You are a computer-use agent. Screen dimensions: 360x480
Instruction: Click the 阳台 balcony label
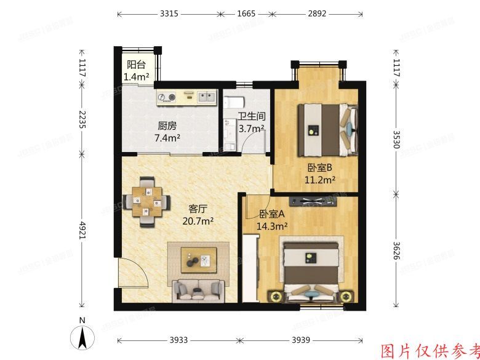point(137,65)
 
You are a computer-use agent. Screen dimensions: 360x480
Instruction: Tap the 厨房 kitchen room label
point(167,126)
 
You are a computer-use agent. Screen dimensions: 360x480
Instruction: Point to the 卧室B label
point(320,167)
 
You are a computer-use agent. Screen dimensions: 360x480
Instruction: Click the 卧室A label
point(271,214)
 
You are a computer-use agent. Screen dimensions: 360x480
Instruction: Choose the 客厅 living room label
point(198,209)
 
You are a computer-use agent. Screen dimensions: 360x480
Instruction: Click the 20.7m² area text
point(198,220)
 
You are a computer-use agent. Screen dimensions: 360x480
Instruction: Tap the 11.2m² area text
point(320,180)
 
